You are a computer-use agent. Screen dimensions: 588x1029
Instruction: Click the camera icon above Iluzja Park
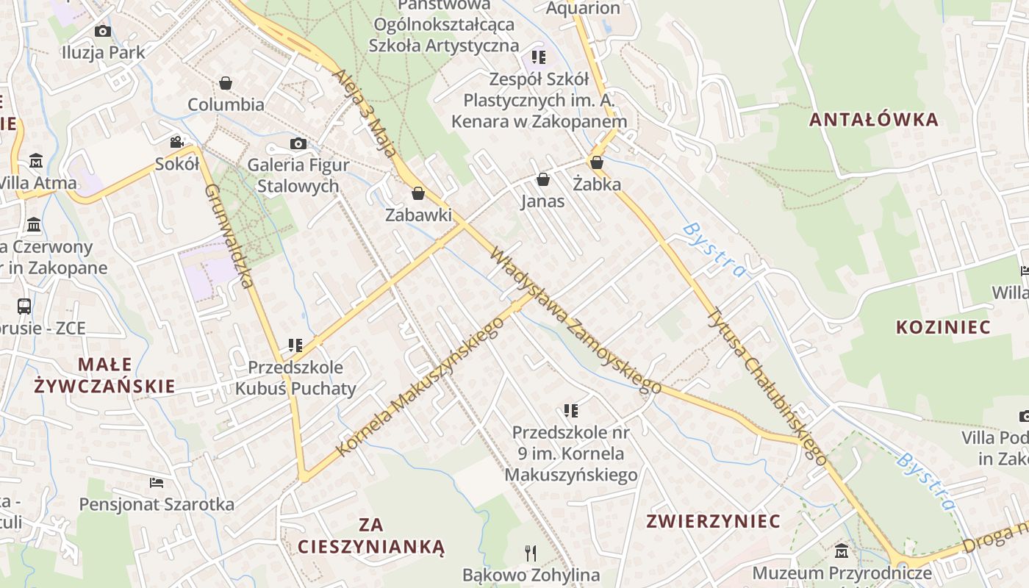pos(102,31)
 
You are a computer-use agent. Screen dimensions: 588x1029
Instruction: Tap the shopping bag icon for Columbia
pos(226,83)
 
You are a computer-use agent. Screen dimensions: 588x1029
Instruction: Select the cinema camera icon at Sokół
pos(176,142)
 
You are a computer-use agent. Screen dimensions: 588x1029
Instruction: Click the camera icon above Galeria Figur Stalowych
pos(298,143)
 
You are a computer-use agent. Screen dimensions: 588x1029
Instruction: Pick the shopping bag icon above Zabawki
pos(418,193)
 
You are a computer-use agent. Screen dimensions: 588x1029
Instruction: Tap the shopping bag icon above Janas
pos(543,179)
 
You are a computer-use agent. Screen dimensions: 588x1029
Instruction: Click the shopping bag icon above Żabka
pos(597,162)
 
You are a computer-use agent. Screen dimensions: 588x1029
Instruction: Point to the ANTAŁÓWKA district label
pos(874,119)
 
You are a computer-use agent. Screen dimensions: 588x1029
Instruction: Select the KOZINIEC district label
pos(943,327)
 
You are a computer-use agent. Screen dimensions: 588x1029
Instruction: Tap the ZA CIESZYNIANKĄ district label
pos(371,536)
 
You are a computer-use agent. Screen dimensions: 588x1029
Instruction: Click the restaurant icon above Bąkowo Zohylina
pos(531,553)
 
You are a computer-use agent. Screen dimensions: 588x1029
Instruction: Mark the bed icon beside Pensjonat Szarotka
pos(157,483)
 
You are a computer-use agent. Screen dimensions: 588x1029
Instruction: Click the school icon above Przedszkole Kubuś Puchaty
pos(295,345)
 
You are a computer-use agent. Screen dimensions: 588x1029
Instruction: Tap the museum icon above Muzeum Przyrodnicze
pos(842,551)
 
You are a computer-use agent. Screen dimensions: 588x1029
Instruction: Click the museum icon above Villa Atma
pos(36,161)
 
